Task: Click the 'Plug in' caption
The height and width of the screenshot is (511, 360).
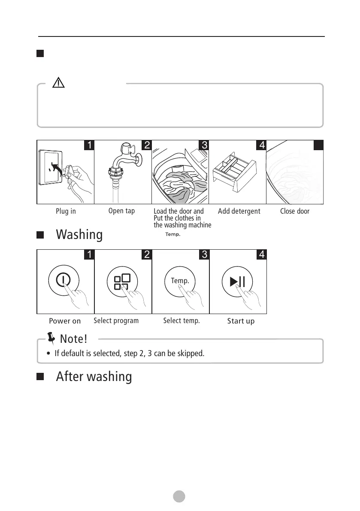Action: tap(66, 212)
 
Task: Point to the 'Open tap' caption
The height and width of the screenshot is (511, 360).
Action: tap(121, 211)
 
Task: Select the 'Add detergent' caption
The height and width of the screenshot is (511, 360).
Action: tap(239, 212)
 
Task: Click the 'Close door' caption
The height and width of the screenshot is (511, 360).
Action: tap(295, 212)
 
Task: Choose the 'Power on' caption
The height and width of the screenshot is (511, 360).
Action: tap(65, 321)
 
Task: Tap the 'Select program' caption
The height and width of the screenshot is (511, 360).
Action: tap(116, 321)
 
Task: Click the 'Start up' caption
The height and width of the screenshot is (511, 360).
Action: tap(241, 321)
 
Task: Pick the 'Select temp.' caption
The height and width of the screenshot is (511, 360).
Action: tap(182, 321)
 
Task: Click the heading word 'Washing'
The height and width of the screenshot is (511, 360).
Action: tap(79, 235)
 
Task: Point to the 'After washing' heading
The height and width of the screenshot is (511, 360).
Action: tap(94, 376)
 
